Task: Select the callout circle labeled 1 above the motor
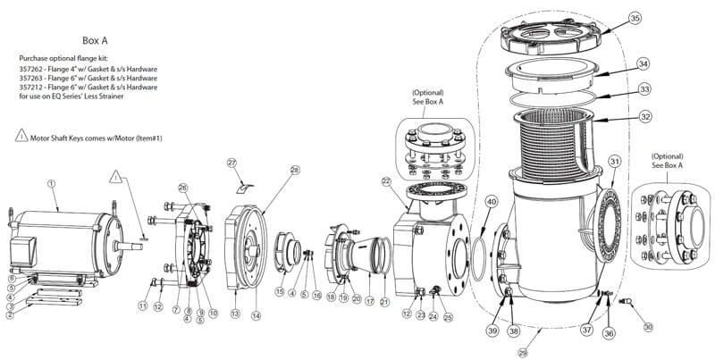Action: point(52,183)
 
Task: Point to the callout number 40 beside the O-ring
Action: point(492,202)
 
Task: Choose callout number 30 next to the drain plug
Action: point(647,327)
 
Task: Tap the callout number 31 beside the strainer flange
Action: point(614,160)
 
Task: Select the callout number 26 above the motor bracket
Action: point(182,187)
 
